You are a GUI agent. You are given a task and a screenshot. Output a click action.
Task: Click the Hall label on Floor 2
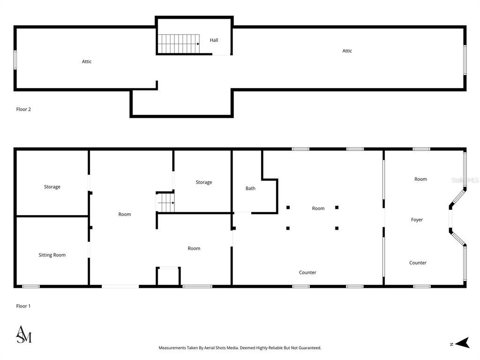pos(214,40)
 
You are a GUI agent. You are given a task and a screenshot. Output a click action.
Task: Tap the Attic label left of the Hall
pos(87,61)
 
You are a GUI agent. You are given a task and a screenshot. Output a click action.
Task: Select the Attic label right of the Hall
pos(347,51)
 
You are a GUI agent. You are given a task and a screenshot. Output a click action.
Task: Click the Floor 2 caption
pos(23,109)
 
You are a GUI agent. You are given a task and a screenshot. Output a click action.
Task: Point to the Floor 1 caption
pos(23,306)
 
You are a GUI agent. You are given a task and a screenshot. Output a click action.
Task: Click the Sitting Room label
pos(52,255)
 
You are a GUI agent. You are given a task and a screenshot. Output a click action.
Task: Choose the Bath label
pos(250,188)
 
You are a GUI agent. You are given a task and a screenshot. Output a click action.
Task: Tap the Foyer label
pos(417,219)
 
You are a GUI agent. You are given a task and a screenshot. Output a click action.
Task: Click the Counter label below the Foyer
pos(418,263)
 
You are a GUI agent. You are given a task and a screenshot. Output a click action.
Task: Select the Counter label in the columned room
pos(307,272)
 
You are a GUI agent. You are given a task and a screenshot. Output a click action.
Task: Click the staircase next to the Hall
pos(178,44)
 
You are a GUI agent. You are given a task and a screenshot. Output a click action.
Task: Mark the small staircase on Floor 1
pos(165,203)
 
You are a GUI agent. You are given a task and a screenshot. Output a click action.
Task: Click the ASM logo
pos(24,334)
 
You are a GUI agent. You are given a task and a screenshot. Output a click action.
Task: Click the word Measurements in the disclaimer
pos(174,348)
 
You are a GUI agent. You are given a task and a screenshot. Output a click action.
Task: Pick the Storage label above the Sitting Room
pos(52,187)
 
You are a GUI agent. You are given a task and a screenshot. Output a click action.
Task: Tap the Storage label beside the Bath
pos(203,182)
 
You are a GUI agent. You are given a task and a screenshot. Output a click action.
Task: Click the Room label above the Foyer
pos(420,179)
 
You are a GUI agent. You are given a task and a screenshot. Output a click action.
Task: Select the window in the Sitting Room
pos(31,286)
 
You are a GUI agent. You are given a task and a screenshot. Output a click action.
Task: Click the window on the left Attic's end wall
pos(15,60)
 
